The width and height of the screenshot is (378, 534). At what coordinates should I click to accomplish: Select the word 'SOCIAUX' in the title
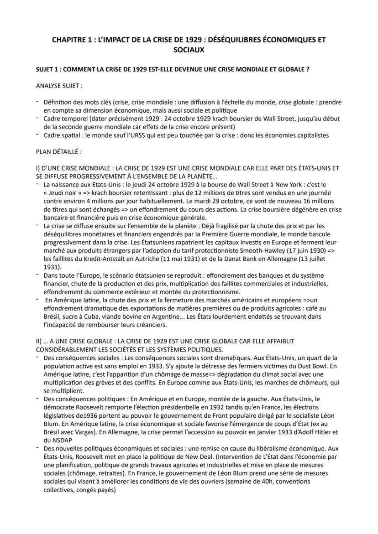click(x=189, y=49)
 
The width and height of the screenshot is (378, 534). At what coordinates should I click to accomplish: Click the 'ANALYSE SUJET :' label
click(x=59, y=85)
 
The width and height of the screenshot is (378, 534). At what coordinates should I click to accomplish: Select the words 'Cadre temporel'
click(x=63, y=119)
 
